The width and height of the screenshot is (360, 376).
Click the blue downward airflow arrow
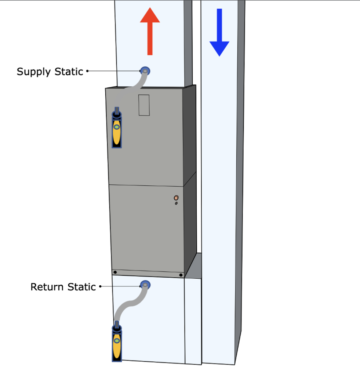tap(219, 33)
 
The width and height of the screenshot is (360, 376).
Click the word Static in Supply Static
tap(69, 71)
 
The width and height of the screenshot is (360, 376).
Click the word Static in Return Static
tap(81, 287)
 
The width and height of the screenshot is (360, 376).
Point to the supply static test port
tap(145, 70)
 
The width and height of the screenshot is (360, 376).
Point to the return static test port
tap(145, 285)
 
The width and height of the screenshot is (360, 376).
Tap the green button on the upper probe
tap(117, 127)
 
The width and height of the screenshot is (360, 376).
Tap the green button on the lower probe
tap(117, 341)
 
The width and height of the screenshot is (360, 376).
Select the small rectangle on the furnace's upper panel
tap(144, 105)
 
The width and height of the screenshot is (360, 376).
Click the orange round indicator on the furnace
tap(176, 198)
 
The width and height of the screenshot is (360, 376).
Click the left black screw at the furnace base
tap(115, 272)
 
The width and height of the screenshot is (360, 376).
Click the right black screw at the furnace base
tap(181, 275)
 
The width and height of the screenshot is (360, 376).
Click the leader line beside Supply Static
tap(114, 71)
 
